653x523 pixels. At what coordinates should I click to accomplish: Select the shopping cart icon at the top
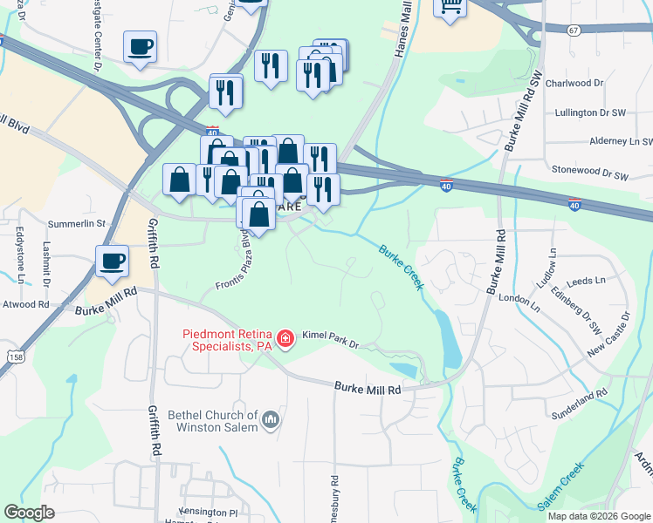click(450, 6)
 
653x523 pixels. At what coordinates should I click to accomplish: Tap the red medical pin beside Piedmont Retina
click(284, 338)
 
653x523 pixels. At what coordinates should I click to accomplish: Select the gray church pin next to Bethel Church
click(271, 421)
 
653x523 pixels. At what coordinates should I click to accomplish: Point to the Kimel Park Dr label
click(331, 339)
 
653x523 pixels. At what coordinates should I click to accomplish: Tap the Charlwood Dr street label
click(574, 84)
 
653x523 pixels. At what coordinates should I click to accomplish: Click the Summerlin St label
click(77, 224)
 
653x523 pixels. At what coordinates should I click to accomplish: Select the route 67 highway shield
click(573, 30)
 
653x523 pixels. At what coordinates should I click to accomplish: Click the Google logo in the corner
click(29, 513)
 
